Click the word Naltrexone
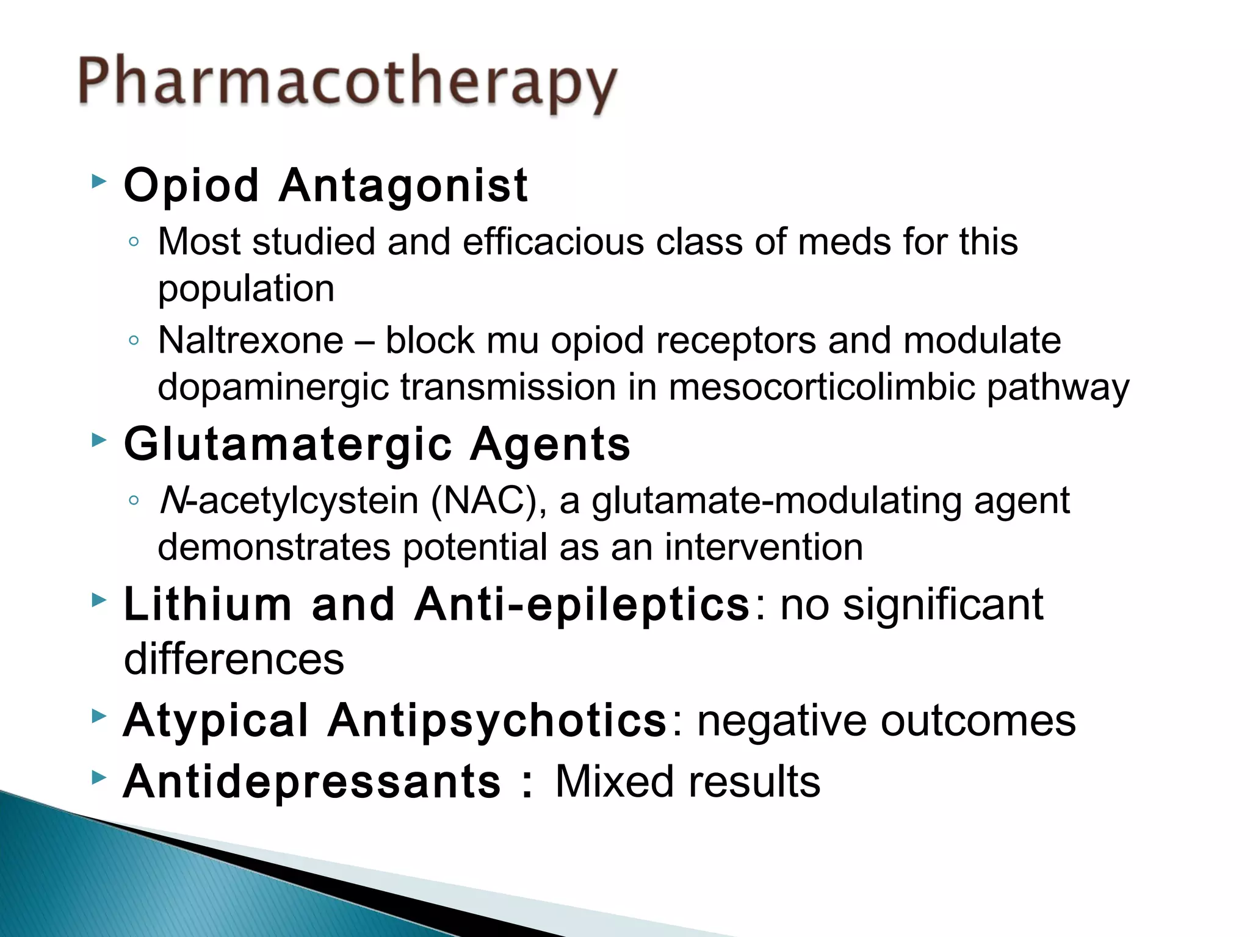(x=250, y=340)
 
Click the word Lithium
(x=208, y=605)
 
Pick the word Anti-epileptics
(x=582, y=605)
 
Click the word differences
(x=234, y=659)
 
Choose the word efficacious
(x=553, y=242)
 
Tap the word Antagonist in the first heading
(x=403, y=185)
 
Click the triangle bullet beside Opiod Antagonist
(x=98, y=181)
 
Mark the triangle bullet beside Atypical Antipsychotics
(x=98, y=716)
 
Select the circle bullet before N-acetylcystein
(x=134, y=501)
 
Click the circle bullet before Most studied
(x=134, y=242)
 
